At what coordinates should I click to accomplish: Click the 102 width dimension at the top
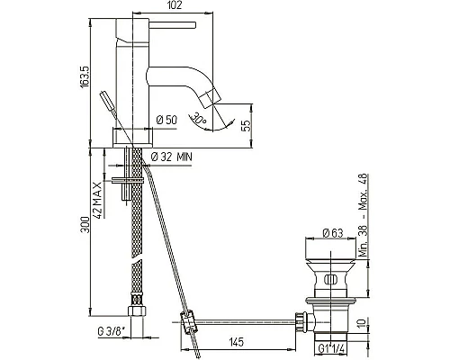click(x=175, y=5)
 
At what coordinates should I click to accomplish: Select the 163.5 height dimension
click(x=85, y=77)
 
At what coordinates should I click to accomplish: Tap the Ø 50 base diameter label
click(x=166, y=120)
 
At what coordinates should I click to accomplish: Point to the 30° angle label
click(x=200, y=118)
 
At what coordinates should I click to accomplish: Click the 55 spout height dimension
click(x=246, y=126)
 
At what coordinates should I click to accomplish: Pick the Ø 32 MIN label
click(x=171, y=157)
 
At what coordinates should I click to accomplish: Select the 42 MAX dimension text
click(x=98, y=200)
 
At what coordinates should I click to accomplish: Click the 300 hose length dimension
click(x=85, y=225)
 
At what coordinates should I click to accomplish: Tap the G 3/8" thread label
click(x=112, y=331)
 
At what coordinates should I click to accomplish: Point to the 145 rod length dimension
click(x=237, y=342)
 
